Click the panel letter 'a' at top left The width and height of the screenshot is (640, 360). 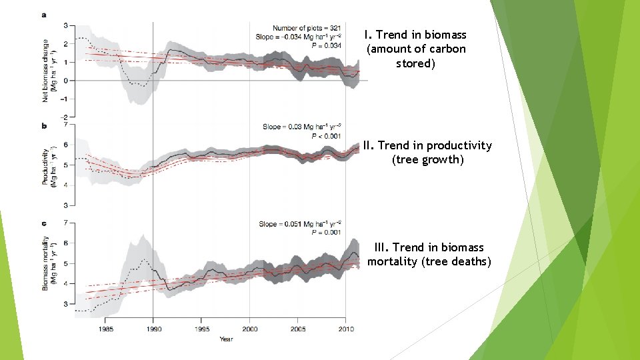[x=45, y=15]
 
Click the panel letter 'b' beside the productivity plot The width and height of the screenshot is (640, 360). [x=45, y=125]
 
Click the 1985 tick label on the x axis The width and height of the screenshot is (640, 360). [x=105, y=329]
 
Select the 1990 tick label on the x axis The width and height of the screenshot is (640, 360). [x=153, y=329]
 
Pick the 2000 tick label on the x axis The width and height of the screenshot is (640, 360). [x=250, y=329]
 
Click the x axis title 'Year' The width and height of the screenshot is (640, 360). [x=227, y=339]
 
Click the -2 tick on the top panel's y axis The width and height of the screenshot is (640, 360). [x=65, y=117]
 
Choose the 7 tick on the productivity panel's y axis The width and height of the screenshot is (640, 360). [x=65, y=125]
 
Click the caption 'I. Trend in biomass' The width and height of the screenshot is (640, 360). [x=415, y=35]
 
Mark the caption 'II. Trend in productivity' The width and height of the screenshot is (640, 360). [x=427, y=145]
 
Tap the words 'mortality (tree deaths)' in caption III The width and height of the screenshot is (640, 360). [x=429, y=261]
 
